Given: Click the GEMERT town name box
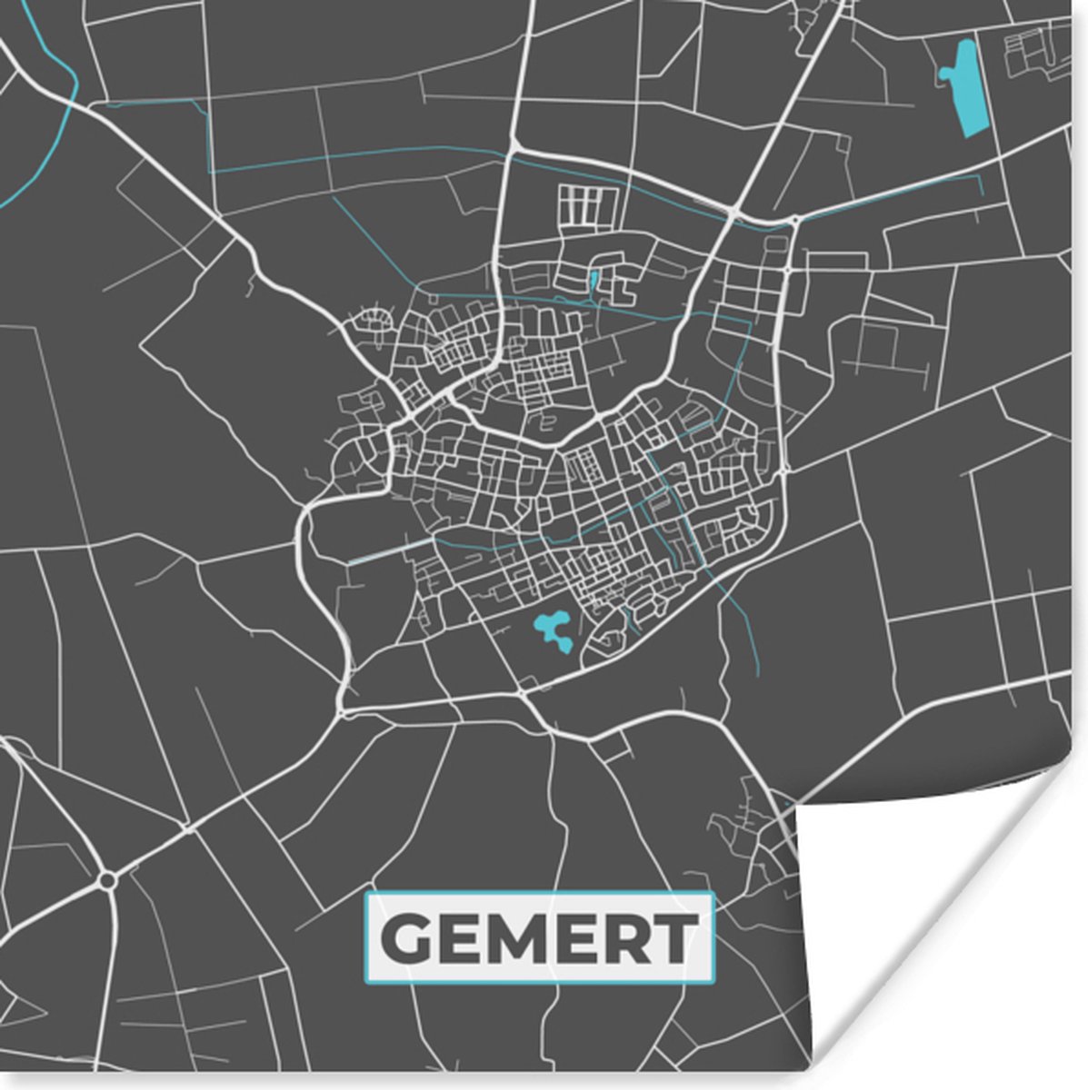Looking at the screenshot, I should pos(540,938).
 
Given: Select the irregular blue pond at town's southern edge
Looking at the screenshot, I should pos(552,629).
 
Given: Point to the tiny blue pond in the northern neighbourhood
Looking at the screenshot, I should pos(594,281).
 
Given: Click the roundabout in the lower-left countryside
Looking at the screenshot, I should pos(108,879).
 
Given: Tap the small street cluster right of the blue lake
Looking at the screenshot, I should pos(1042,50).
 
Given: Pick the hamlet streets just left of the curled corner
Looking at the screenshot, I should pos(741,827).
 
